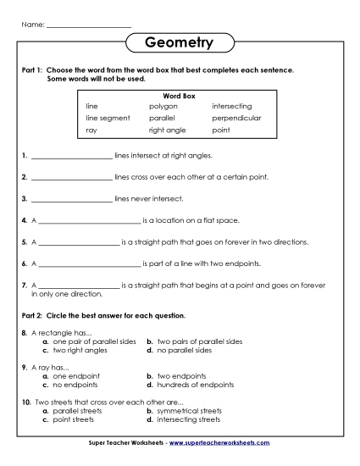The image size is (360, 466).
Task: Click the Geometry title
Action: click(x=179, y=42)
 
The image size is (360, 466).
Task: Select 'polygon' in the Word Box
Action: click(x=163, y=106)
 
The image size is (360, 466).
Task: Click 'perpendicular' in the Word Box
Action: click(x=236, y=118)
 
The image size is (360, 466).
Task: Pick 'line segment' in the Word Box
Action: click(x=108, y=118)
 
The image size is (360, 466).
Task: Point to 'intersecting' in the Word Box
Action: click(x=231, y=106)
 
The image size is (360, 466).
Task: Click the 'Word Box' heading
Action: click(x=179, y=96)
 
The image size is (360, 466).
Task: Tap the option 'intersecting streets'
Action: click(x=188, y=419)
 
